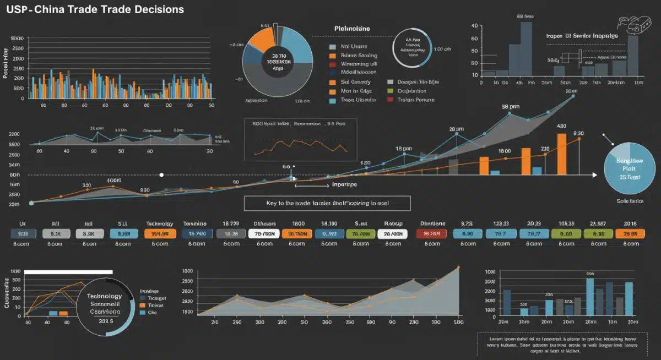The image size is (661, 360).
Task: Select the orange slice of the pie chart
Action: coord(261,40)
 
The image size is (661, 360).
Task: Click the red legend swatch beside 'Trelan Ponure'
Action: coord(391,100)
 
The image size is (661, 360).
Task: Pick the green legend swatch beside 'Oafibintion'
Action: coord(391,91)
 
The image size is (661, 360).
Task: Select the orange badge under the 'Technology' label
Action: coord(160,233)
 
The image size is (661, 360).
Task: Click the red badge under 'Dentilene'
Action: coord(431,233)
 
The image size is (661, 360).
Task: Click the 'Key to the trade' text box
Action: coord(327,203)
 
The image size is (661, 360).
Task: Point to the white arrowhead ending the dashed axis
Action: coord(594,175)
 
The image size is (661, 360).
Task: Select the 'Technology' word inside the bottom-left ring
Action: coord(104,296)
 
